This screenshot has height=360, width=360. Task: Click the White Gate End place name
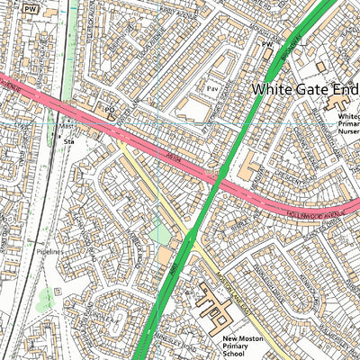[x=304, y=89]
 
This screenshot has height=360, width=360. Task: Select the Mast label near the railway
[x=66, y=127]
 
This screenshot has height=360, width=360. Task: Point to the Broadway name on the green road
[x=292, y=40]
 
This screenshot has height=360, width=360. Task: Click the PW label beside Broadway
[x=266, y=42]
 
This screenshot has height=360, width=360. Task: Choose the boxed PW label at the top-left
[x=31, y=7]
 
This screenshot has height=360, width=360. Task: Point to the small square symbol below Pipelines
[x=57, y=292]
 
